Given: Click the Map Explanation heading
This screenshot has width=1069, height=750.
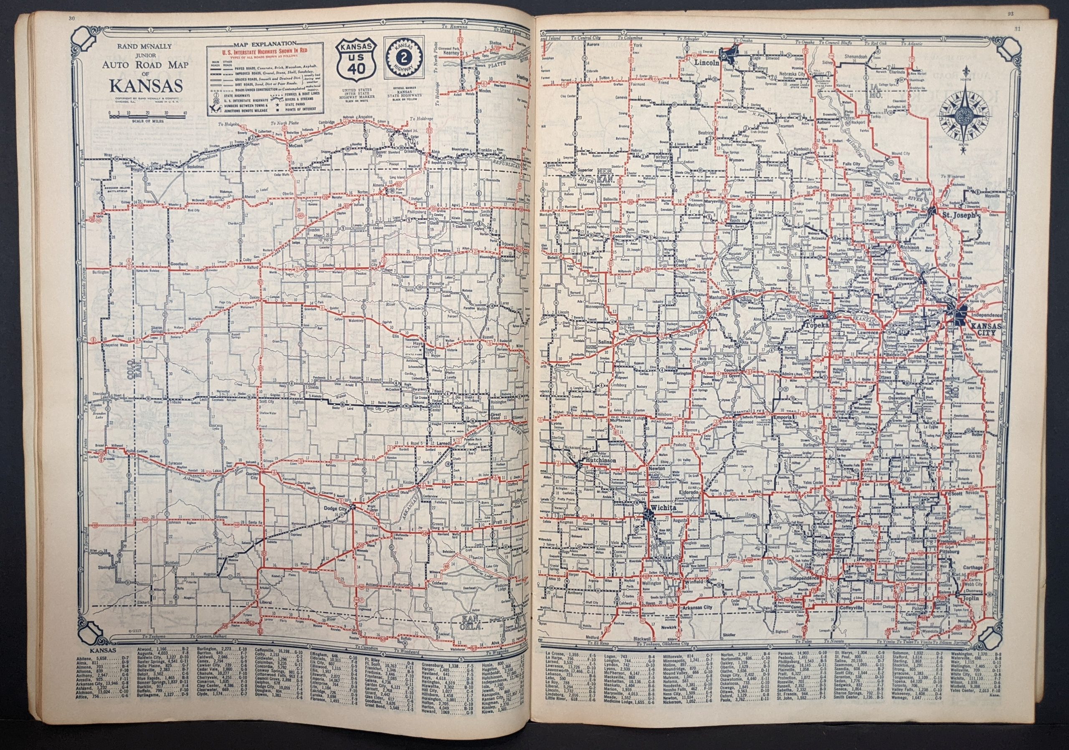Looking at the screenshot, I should point(259,44).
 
